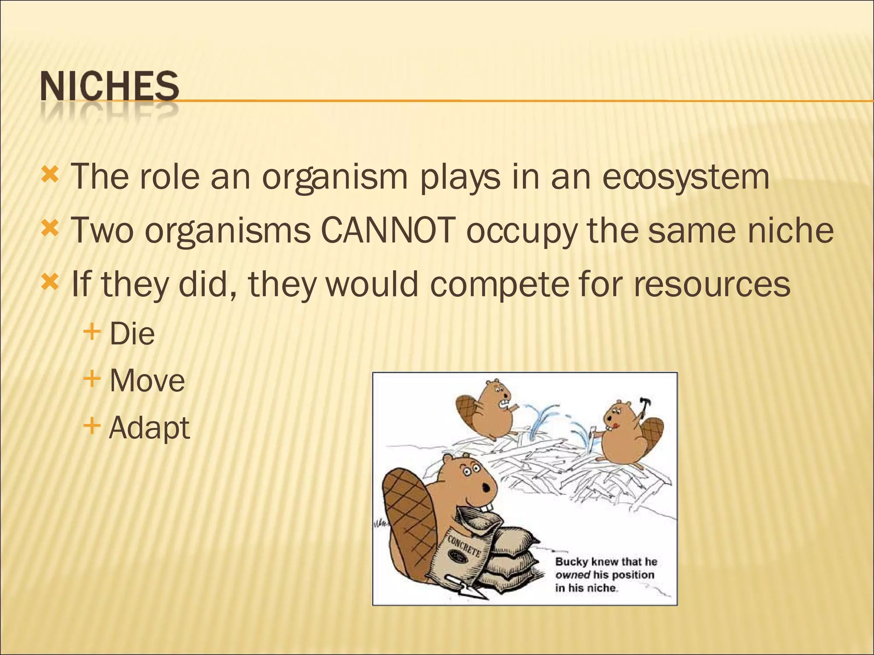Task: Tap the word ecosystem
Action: [686, 177]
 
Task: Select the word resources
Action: [712, 284]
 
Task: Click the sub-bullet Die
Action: [132, 334]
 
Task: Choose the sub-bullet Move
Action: [147, 381]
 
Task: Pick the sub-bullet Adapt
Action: [149, 428]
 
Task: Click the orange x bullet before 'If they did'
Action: [50, 281]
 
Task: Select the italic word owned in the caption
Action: [572, 575]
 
